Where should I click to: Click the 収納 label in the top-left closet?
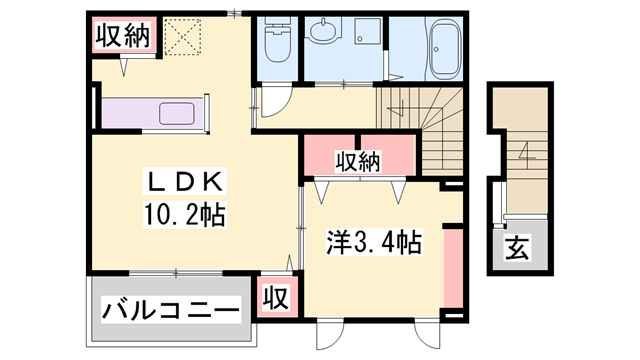pos(122,36)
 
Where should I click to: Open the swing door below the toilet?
pos(272,101)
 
